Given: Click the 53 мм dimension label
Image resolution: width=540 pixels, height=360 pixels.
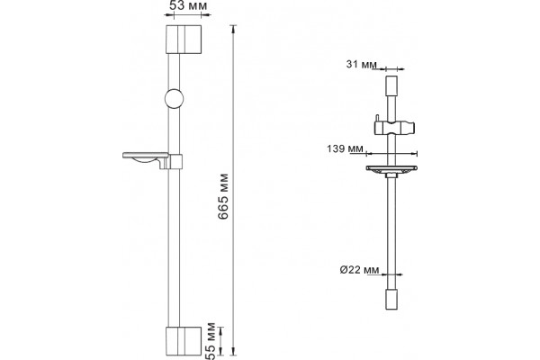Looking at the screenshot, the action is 188,6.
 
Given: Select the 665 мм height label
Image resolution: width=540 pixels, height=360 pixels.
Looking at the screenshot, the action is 223,197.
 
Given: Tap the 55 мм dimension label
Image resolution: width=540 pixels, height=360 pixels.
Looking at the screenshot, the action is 210,341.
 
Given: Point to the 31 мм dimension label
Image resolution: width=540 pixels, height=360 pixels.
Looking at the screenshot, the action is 361,64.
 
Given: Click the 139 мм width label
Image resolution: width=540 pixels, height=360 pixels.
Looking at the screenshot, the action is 345,148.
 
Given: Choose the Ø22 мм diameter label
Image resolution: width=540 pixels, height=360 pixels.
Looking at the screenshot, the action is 359,270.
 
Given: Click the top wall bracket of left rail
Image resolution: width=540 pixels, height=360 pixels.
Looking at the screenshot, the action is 184,40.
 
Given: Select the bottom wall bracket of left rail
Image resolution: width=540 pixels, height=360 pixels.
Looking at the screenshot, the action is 184,341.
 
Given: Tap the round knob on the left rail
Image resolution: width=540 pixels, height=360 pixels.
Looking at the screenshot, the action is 174,98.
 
